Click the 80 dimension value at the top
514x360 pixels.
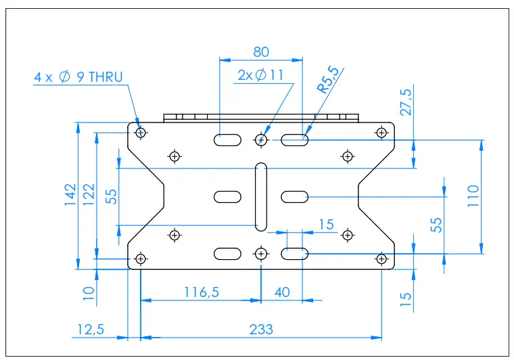pos(260,51)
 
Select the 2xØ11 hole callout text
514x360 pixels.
pos(260,75)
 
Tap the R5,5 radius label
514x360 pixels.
pos(331,80)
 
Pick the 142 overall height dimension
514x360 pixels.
pos(70,196)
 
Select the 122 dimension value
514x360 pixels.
pos(89,196)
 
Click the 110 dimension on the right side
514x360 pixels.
pos(473,196)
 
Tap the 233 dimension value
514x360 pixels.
pos(261,329)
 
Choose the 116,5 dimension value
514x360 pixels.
pos(202,292)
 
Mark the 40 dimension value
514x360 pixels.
pos(281,292)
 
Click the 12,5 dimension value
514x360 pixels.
pos(89,329)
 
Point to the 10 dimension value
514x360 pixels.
pos(89,294)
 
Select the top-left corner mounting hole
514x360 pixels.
pos(141,133)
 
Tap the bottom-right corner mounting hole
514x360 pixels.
pos(381,258)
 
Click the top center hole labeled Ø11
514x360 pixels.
pos(261,140)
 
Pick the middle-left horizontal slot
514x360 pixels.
pos(227,196)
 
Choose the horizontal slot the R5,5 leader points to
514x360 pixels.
pos(295,140)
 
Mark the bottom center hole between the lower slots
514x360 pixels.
pos(261,253)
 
